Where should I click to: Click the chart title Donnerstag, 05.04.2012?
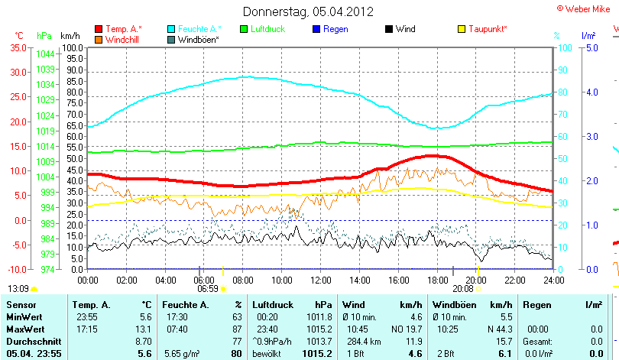point(309,11)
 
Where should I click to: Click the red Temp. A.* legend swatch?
point(99,29)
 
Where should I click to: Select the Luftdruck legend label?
point(272,29)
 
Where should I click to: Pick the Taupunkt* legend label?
point(488,29)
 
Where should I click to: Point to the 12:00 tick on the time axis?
point(320,281)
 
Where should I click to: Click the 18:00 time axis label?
point(437,281)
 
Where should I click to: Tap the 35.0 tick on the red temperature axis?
point(18,47)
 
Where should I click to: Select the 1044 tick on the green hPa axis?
point(44,54)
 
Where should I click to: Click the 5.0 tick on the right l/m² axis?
point(591,47)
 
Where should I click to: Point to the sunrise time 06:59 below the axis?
point(208,289)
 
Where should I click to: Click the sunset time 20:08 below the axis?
point(462,289)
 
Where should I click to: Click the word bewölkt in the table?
point(267,354)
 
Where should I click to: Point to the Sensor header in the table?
point(21,305)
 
